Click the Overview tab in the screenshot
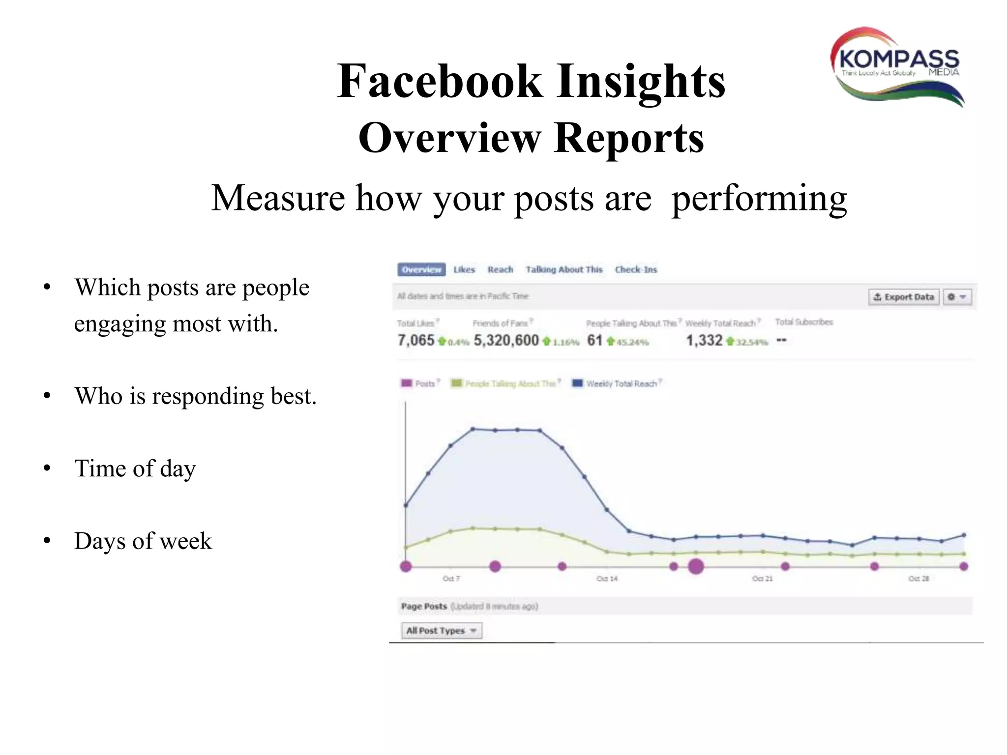(421, 269)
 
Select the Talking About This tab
(563, 269)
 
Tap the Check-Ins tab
(635, 269)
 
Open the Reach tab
(500, 269)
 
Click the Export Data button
(903, 297)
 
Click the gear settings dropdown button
(957, 297)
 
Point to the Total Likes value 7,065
(416, 340)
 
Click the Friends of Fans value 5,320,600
(506, 340)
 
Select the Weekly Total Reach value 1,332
(704, 340)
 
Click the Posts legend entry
(420, 383)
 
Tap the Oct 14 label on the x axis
(607, 579)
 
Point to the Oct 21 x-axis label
(762, 579)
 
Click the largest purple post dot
(696, 566)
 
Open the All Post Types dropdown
(442, 630)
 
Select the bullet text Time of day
(135, 468)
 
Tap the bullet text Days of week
(143, 541)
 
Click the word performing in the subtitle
(759, 199)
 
